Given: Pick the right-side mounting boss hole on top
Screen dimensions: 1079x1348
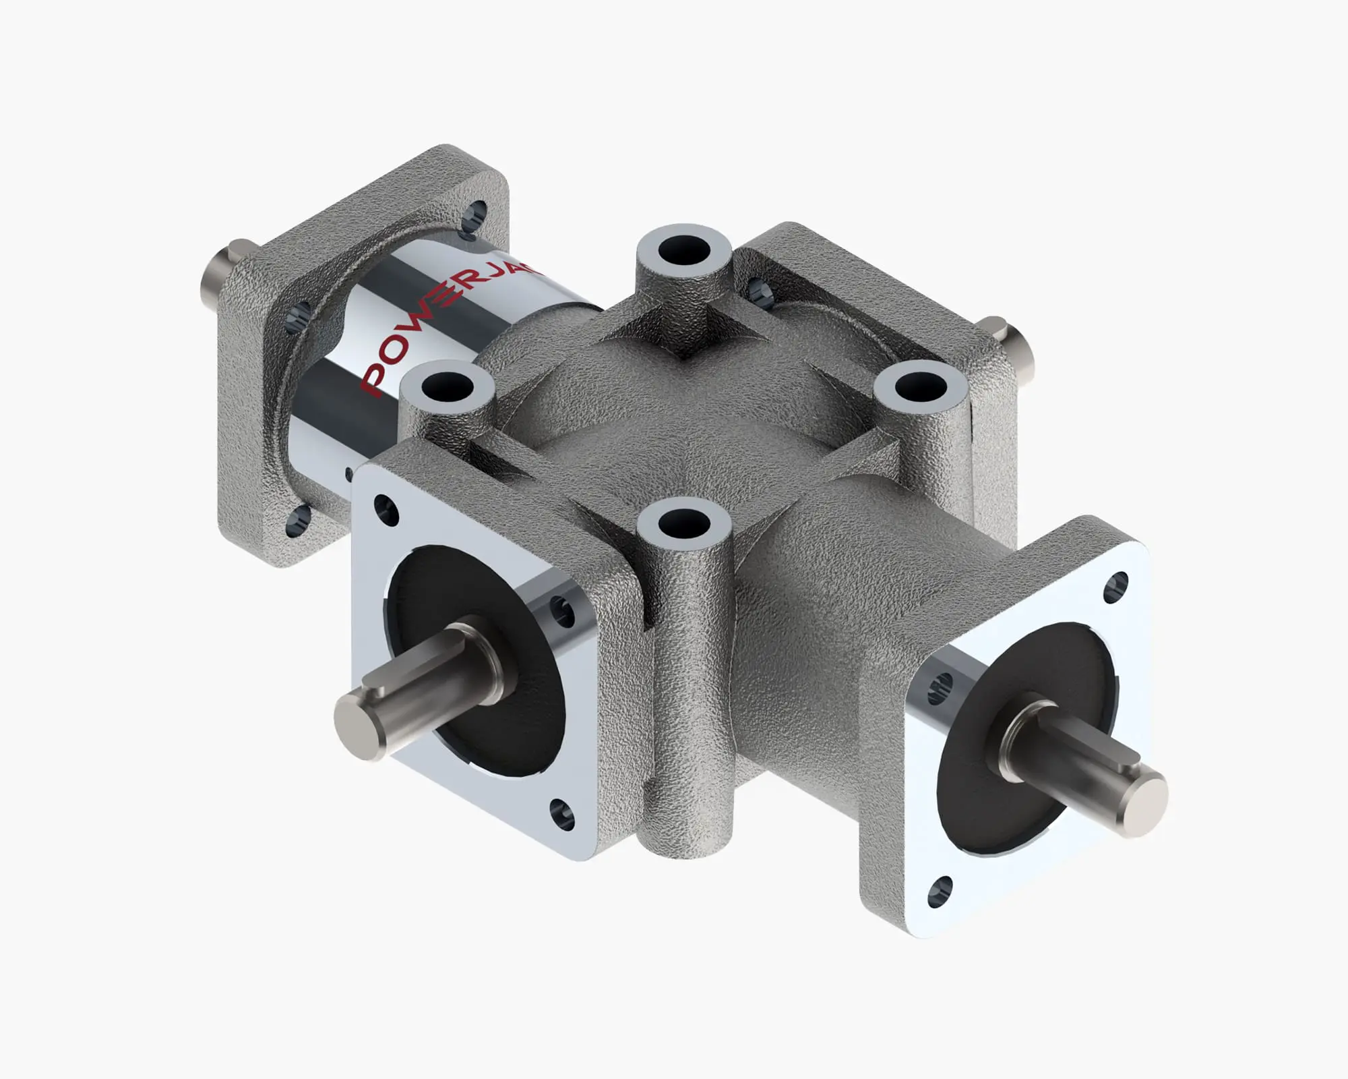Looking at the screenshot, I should (919, 388).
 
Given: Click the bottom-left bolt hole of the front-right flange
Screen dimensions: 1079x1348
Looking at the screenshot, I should (940, 892).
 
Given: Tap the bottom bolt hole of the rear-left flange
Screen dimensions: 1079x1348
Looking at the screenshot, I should (299, 519).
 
